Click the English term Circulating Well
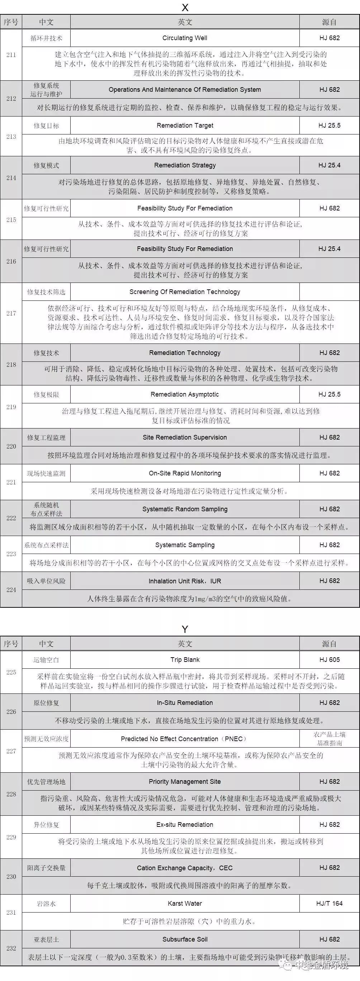[185, 38]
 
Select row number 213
[11, 137]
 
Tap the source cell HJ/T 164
[329, 903]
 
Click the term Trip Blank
[185, 660]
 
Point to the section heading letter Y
[185, 629]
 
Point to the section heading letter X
[185, 8]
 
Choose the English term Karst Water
[185, 903]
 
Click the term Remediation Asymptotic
[185, 394]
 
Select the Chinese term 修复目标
[46, 125]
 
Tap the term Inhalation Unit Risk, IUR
[185, 581]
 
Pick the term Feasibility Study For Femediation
[185, 208]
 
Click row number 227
[11, 751]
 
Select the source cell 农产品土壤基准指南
[329, 739]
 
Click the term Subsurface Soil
[185, 939]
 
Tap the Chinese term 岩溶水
[46, 904]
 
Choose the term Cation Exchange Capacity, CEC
[185, 868]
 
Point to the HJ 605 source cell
[329, 660]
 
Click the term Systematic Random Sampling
[185, 509]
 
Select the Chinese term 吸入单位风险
[46, 581]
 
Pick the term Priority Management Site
[185, 781]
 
